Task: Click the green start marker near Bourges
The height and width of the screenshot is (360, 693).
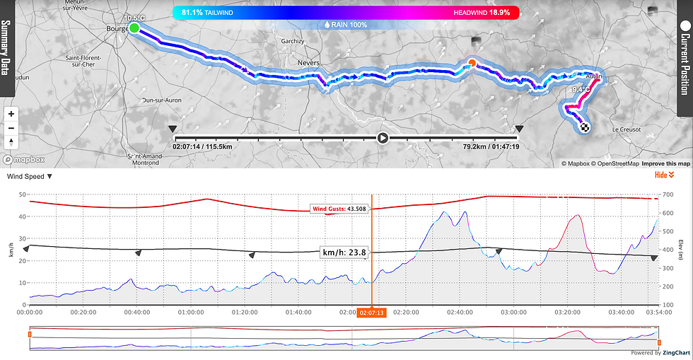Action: tap(133, 28)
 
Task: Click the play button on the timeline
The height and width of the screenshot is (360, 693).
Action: tap(383, 138)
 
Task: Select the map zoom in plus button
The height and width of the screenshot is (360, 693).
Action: tap(11, 114)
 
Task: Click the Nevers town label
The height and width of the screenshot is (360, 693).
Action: tap(329, 63)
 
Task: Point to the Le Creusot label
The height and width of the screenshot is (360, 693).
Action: tap(626, 129)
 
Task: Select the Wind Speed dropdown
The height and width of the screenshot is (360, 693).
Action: tap(29, 177)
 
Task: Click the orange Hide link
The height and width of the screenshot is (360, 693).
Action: tap(664, 175)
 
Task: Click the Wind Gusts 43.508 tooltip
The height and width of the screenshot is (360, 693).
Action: tap(339, 209)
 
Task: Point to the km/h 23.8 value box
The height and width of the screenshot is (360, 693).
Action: tap(344, 252)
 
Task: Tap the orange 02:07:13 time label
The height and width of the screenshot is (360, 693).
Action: tap(371, 312)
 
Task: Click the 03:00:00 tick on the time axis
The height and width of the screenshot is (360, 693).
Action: tap(513, 311)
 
